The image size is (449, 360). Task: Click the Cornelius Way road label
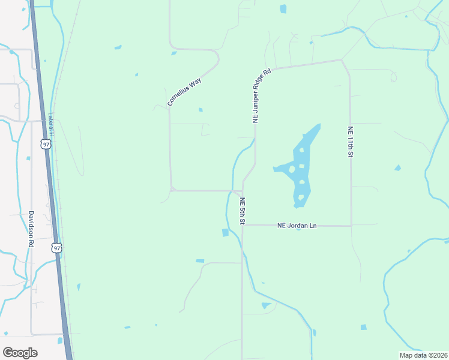(184, 91)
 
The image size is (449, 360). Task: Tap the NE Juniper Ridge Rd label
(262, 96)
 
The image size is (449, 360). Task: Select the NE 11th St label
(350, 142)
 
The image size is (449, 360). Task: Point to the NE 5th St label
(242, 211)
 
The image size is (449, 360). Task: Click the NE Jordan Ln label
(297, 226)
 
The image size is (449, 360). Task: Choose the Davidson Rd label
(31, 229)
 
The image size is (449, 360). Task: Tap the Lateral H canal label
(52, 125)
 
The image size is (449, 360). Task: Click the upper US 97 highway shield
(46, 144)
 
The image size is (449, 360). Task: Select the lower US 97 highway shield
(56, 247)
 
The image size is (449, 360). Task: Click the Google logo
(20, 352)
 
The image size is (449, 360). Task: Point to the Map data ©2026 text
(423, 355)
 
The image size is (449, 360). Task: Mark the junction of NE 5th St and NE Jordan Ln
(243, 226)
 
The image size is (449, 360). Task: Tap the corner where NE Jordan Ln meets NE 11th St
(351, 226)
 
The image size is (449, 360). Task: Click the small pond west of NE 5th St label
(225, 233)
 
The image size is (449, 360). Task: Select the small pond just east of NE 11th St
(397, 168)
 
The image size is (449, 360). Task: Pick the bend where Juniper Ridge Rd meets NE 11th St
(342, 60)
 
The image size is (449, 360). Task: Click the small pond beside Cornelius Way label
(200, 110)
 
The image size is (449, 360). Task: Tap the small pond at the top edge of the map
(283, 9)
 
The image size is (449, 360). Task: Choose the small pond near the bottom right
(363, 327)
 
